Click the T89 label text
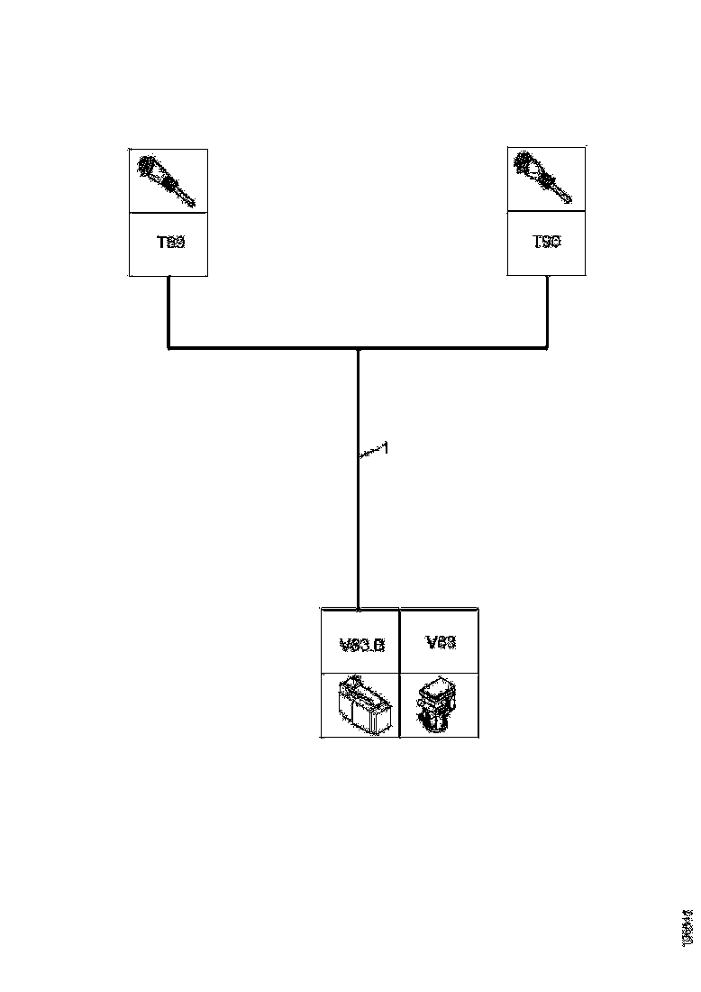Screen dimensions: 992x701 [x=170, y=243]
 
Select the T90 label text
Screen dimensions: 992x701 [x=546, y=243]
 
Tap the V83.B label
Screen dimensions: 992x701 [x=361, y=645]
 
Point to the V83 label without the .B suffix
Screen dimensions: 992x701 [x=440, y=642]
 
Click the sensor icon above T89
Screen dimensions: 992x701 [x=168, y=180]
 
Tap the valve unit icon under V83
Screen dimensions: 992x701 [x=439, y=706]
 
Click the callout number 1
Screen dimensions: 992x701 [x=385, y=448]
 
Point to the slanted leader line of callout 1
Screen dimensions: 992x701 [x=369, y=454]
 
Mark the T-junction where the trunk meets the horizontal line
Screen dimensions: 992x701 [x=359, y=347]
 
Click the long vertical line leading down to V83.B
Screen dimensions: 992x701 [x=359, y=523]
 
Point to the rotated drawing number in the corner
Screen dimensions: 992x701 [x=687, y=927]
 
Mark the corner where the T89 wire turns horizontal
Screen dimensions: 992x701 [x=169, y=346]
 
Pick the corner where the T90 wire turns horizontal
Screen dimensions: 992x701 [x=547, y=346]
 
